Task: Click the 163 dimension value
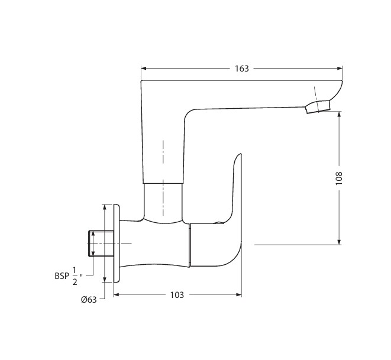coord(242,69)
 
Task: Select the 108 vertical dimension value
coord(339,178)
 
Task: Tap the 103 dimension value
coord(177,295)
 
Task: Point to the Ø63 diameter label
coord(89,299)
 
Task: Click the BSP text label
coord(62,276)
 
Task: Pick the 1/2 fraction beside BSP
coord(75,276)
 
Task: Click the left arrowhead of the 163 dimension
coord(144,68)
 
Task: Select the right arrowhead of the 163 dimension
coord(340,68)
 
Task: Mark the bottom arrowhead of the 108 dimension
coord(339,242)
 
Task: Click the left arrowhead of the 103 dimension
coord(117,295)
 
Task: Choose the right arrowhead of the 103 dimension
coord(238,295)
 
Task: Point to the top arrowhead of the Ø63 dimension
coord(105,207)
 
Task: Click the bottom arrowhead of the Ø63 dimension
coord(105,279)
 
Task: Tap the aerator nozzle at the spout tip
coord(318,106)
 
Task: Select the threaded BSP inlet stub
coord(101,244)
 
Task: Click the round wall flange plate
coord(117,243)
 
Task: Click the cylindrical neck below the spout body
coord(163,202)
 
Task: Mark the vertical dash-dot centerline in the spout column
coord(163,178)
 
